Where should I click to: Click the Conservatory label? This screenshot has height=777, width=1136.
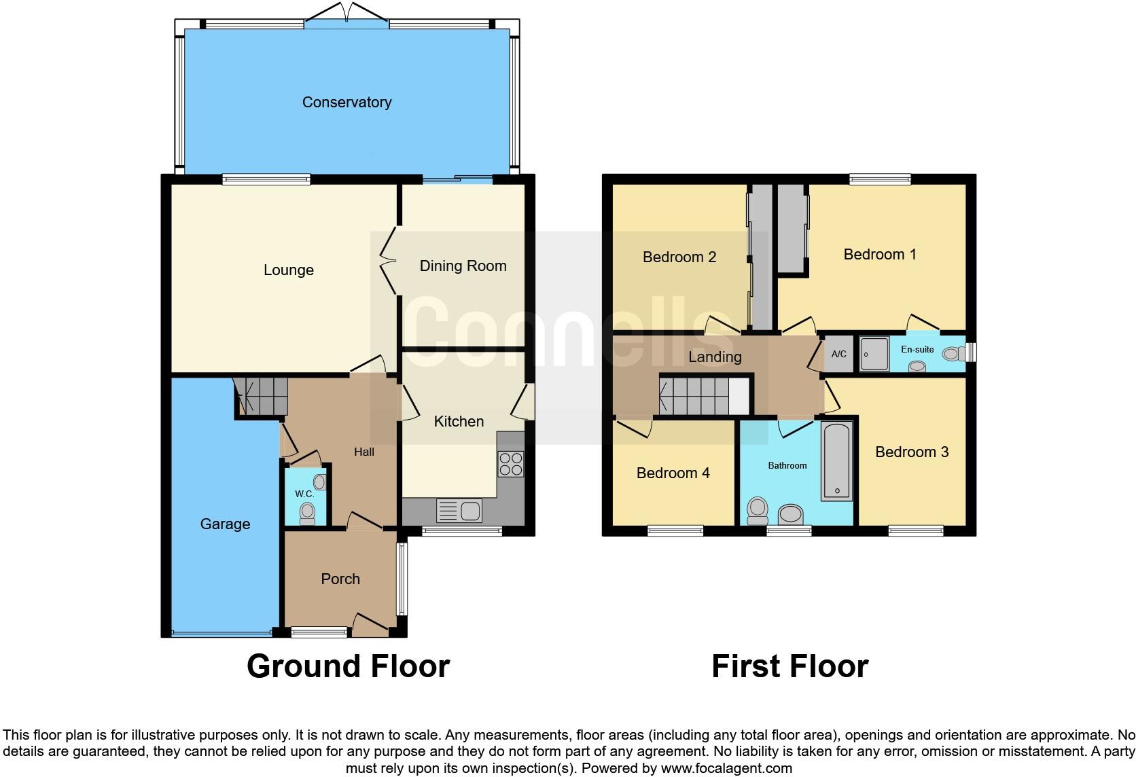coord(347,102)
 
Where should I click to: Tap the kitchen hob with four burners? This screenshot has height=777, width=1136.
coord(510,463)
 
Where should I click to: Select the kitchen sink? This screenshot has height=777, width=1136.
coord(459,511)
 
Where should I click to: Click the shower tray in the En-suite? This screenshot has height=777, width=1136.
coord(874,354)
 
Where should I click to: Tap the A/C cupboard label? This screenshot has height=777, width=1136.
coord(839,354)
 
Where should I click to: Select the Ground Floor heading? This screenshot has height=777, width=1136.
coord(348,666)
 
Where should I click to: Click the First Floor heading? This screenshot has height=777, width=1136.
coord(789,666)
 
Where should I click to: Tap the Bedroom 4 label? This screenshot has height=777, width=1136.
coord(673,473)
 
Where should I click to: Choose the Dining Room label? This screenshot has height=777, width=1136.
coord(463,266)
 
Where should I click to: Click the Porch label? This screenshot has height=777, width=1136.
coord(340,579)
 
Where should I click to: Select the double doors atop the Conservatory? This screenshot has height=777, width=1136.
coord(347,12)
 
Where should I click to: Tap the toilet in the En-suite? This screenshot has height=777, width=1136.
coord(953,353)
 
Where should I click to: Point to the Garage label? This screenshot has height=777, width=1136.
coord(225,524)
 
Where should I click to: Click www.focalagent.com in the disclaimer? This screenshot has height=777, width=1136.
coord(726,769)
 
